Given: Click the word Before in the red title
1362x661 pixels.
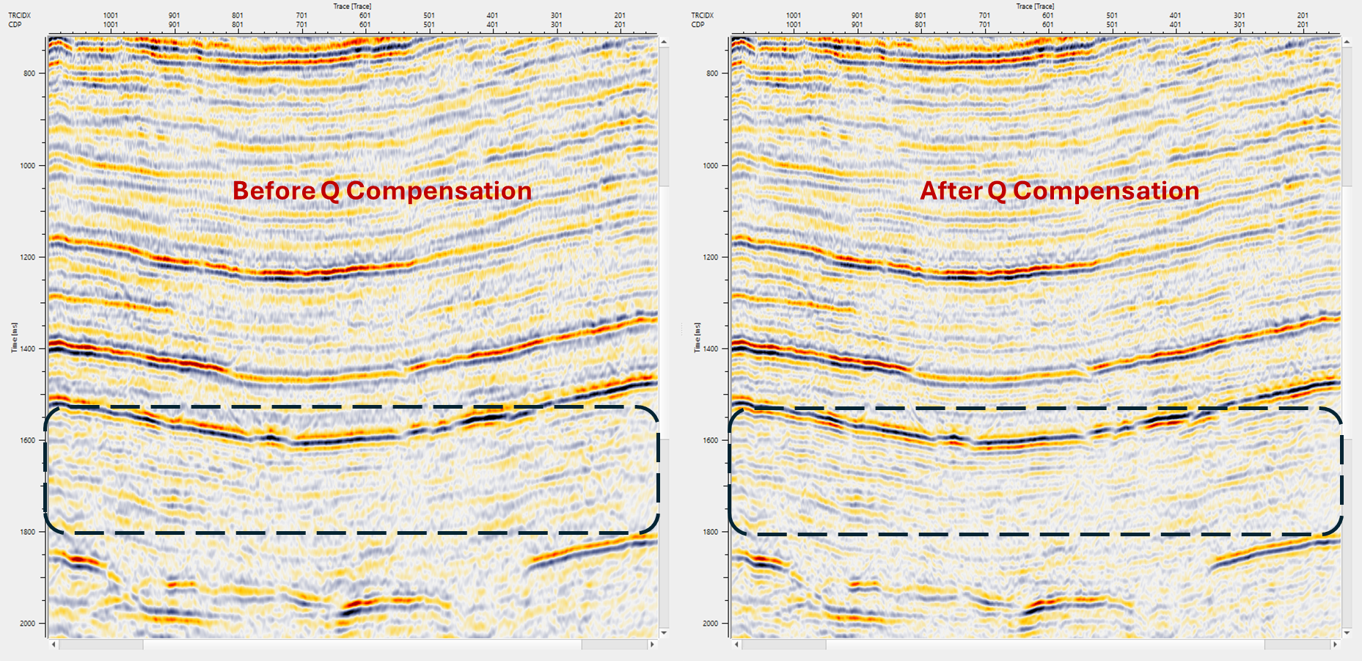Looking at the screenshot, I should click(x=274, y=191).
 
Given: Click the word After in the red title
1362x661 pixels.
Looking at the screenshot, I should click(x=951, y=191).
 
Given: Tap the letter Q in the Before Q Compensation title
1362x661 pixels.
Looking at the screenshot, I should click(x=330, y=191).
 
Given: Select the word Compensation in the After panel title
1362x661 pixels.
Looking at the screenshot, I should click(x=1105, y=191).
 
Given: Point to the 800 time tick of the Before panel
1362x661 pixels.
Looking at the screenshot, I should click(x=29, y=73).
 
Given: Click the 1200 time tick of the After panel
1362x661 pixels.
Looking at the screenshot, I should click(x=711, y=258).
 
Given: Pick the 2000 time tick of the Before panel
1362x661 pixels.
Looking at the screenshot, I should click(x=27, y=624).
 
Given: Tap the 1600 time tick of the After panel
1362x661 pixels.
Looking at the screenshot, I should click(x=711, y=440).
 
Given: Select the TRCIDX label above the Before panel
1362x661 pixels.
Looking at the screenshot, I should click(x=19, y=15).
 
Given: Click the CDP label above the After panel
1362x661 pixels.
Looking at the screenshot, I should click(x=698, y=25).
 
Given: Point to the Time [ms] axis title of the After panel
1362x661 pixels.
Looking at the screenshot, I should click(x=697, y=337).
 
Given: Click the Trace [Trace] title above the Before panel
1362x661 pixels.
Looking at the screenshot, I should click(x=352, y=7).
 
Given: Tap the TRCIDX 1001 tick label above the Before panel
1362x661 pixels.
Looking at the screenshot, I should click(x=111, y=15).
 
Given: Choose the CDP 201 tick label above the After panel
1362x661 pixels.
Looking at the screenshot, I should click(x=1303, y=25).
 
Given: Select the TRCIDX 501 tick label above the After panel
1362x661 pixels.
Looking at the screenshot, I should click(x=1112, y=15).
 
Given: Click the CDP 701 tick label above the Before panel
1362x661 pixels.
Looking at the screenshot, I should click(x=301, y=25).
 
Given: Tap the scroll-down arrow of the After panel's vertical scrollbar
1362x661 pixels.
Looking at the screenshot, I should click(x=1347, y=632).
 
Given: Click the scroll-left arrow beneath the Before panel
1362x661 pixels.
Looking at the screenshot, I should click(x=54, y=645).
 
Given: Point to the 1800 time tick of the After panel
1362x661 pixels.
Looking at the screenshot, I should click(x=711, y=532).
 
